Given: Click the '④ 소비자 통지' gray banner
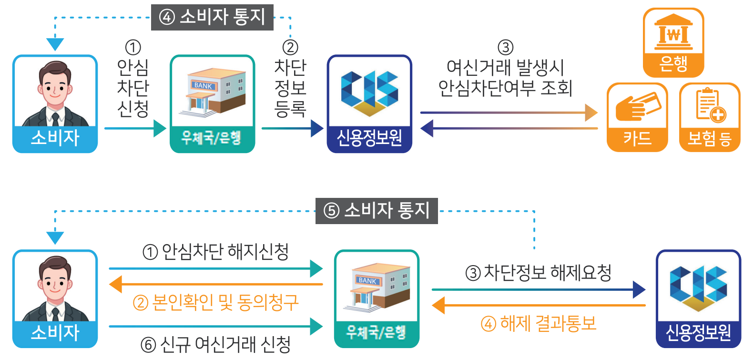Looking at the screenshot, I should [x=212, y=17].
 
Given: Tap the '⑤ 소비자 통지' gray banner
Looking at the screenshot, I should [x=377, y=211].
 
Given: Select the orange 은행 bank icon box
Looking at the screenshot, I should [x=673, y=42].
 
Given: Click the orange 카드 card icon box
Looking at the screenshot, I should [x=637, y=117].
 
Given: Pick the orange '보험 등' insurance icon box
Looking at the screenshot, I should [x=709, y=117].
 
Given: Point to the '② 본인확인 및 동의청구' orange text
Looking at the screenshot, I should [x=215, y=302].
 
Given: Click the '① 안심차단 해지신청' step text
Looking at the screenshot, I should [x=215, y=251].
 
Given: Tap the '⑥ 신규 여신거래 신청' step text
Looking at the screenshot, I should [x=215, y=344].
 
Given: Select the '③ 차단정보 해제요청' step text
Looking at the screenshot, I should [x=538, y=273].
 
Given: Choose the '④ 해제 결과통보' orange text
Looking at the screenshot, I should [x=538, y=324].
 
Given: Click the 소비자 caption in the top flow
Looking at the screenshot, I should [x=55, y=138].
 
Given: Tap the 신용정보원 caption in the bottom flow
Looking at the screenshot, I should [x=698, y=332].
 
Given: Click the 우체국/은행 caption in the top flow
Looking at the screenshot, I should [x=212, y=138].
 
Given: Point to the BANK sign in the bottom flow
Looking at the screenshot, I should [x=367, y=281].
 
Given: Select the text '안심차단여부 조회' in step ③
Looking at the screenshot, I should [x=505, y=88].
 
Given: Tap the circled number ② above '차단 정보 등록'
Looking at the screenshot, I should [x=290, y=47].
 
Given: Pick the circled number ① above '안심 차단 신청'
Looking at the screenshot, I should [x=133, y=47].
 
